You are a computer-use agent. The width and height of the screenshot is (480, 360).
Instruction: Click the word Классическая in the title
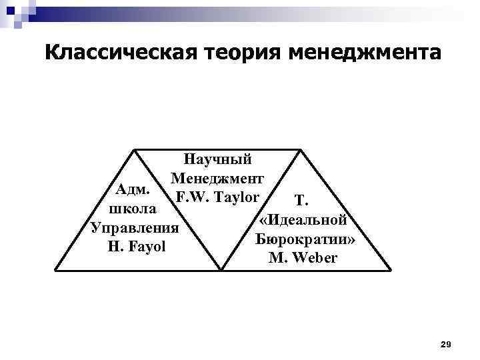113,53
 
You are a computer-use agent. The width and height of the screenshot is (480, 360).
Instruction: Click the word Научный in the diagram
218,159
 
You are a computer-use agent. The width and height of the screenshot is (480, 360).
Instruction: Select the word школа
133,209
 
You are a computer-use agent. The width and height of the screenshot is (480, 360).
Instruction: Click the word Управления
135,228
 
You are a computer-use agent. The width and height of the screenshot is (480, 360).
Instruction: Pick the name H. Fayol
135,247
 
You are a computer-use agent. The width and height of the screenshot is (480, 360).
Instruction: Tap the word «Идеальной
303,219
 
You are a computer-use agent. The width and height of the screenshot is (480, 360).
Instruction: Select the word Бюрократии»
303,238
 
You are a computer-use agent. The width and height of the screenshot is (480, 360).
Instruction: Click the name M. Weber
303,257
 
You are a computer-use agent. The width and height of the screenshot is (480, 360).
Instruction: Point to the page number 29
447,344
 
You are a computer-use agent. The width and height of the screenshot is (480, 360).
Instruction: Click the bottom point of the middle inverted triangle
221,271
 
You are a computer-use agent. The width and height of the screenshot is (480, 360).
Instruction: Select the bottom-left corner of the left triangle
55,271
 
